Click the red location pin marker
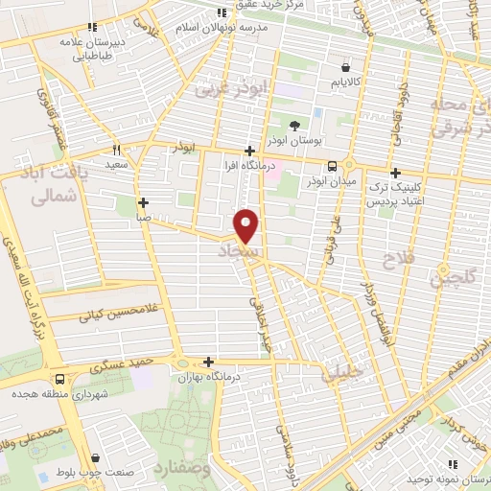point(247,225)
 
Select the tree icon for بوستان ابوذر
point(293,127)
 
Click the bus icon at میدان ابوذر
point(331,165)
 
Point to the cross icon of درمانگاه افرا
point(249,151)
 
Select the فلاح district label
point(396,260)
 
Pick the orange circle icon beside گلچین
point(444,268)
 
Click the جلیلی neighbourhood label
point(344,372)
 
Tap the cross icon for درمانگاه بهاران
point(208,362)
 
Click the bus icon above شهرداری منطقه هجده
point(60,379)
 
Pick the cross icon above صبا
point(143,202)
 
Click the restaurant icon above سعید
point(117,150)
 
